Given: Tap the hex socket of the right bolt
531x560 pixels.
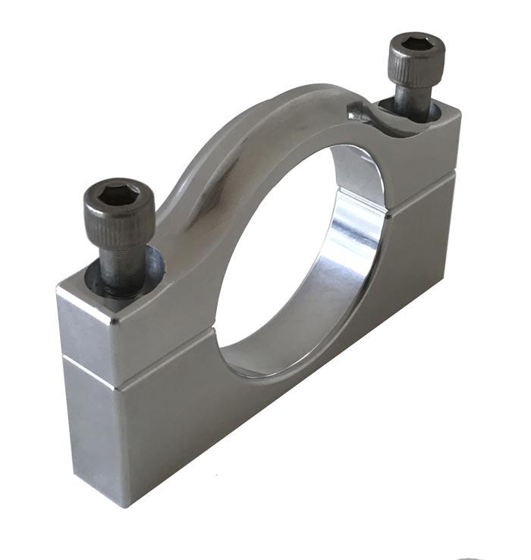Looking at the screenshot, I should click(416, 42).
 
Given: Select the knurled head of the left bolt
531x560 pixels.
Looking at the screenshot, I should click(119, 216).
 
